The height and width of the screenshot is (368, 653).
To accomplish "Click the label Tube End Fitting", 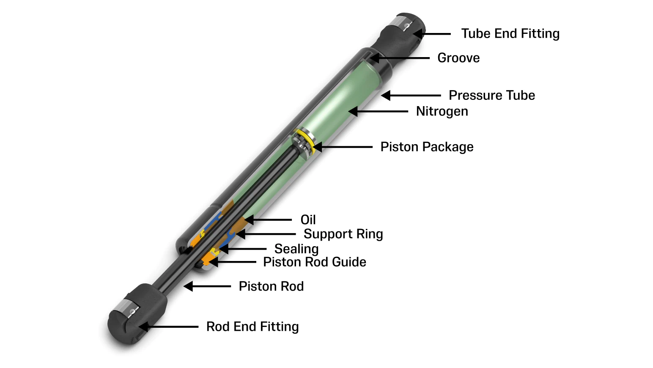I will pyautogui.click(x=510, y=33).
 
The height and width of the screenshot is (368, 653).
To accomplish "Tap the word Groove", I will pyautogui.click(x=458, y=58).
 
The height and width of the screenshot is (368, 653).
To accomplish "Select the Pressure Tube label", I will pyautogui.click(x=491, y=95).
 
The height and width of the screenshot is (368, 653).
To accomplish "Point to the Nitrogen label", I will pyautogui.click(x=442, y=111).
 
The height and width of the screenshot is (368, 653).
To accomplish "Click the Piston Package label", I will pyautogui.click(x=427, y=147).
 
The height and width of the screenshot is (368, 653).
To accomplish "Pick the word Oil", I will pyautogui.click(x=308, y=220).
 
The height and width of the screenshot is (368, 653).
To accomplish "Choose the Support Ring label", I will pyautogui.click(x=343, y=234).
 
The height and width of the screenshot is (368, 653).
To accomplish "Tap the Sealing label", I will pyautogui.click(x=296, y=249).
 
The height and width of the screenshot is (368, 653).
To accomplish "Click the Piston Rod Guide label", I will pyautogui.click(x=314, y=262).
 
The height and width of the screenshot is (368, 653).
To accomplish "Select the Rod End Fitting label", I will pyautogui.click(x=252, y=327).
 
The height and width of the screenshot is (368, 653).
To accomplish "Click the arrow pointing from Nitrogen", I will pyautogui.click(x=379, y=111).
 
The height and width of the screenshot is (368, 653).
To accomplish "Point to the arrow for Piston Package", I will pyautogui.click(x=343, y=147).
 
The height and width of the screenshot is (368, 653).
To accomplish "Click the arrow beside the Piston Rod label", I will pyautogui.click(x=207, y=286).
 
